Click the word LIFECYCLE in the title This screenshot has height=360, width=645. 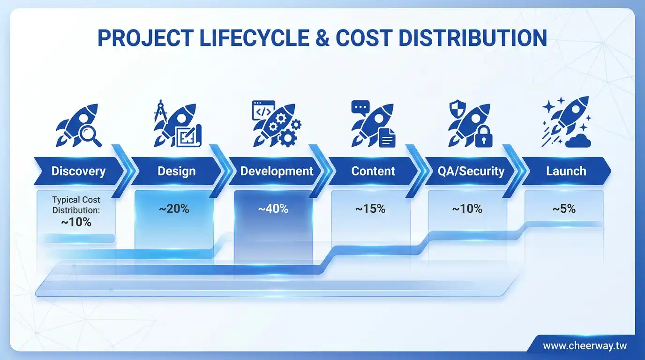pyautogui.click(x=254, y=38)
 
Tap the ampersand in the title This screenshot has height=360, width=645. pyautogui.click(x=322, y=38)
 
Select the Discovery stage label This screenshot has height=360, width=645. pyautogui.click(x=78, y=171)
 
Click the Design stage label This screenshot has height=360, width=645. pyautogui.click(x=177, y=171)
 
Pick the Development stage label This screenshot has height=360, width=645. pyautogui.click(x=277, y=171)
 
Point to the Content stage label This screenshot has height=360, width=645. pyautogui.click(x=373, y=171)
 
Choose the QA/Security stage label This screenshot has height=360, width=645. pyautogui.click(x=471, y=171)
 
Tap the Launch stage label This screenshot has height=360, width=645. pyautogui.click(x=566, y=171)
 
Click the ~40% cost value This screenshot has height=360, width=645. pyautogui.click(x=273, y=209)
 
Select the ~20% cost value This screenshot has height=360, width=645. pyautogui.click(x=174, y=209)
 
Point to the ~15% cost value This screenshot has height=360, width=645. pyautogui.click(x=370, y=209)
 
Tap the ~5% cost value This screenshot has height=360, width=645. pyautogui.click(x=564, y=209)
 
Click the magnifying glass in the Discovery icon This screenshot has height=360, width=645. pyautogui.click(x=90, y=136)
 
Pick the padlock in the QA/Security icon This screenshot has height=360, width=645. pyautogui.click(x=483, y=136)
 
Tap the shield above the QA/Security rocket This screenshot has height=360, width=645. pyautogui.click(x=457, y=109)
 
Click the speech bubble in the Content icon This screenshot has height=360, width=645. pyautogui.click(x=360, y=108)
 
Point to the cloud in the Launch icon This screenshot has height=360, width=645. pyautogui.click(x=578, y=141)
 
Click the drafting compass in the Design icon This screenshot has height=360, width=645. pyautogui.click(x=160, y=111)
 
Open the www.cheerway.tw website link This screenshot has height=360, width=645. pyautogui.click(x=585, y=345)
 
